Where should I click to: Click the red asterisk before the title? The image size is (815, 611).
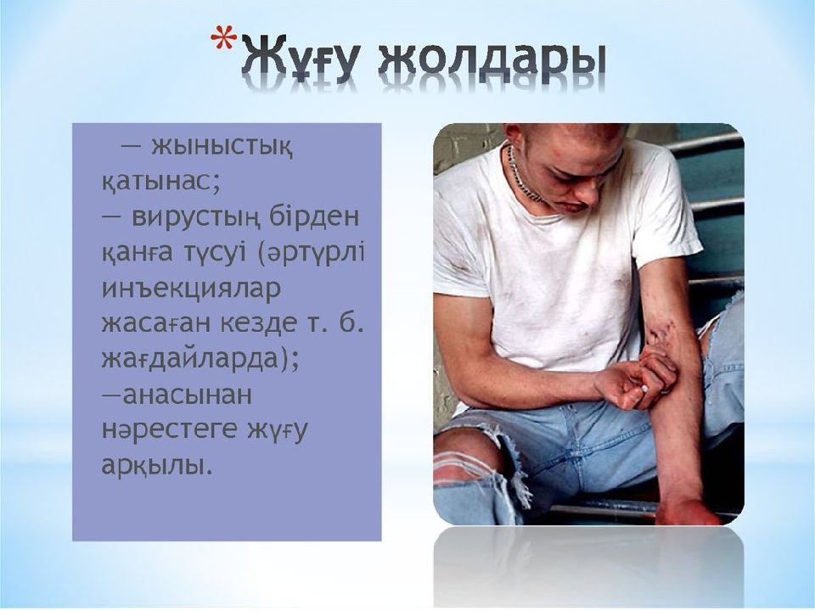click(223, 40)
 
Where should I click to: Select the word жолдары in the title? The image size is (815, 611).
click(492, 59)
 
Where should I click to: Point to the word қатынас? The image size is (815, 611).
click(156, 182)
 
